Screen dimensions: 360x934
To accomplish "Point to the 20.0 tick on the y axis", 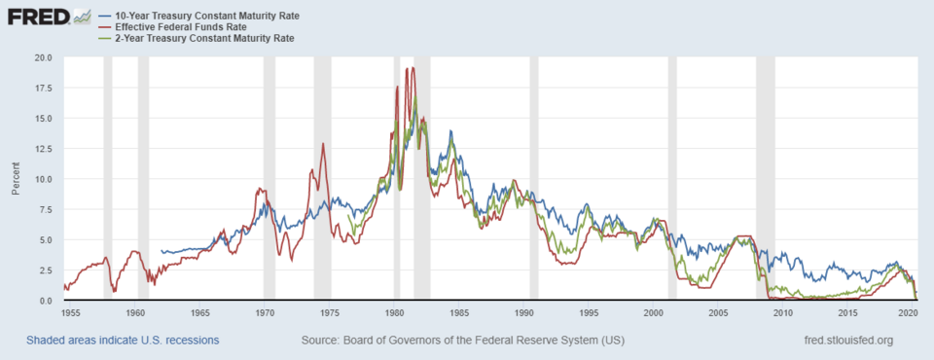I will tap(42, 57).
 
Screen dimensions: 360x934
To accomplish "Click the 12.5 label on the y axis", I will tap(42, 149).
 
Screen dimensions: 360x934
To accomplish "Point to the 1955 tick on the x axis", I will tap(71, 314).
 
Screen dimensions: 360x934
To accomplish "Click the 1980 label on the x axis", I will tap(394, 314).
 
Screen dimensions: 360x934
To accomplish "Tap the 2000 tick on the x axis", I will tap(653, 314).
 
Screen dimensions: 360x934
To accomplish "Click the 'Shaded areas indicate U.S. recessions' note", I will tap(123, 341).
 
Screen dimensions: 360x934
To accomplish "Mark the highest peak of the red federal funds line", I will tap(413, 67).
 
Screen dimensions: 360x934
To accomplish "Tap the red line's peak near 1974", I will tap(323, 144).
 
